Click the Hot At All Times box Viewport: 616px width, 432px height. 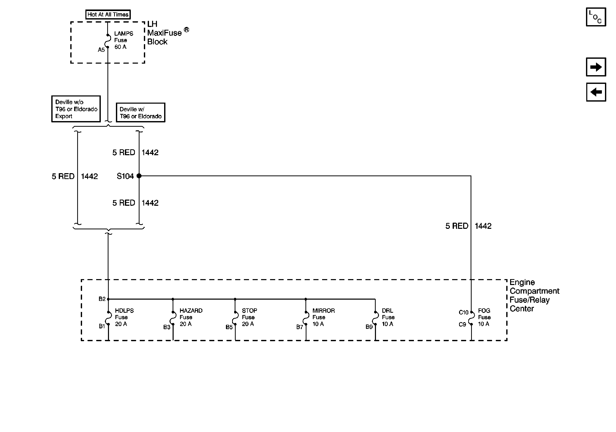[x=108, y=14]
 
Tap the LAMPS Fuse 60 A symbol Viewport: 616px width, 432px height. [x=108, y=41]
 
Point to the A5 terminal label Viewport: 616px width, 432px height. [x=101, y=50]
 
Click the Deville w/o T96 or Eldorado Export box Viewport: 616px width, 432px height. [x=76, y=109]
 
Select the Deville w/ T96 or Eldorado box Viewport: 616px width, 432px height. [x=140, y=113]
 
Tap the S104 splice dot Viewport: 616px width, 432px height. [x=139, y=176]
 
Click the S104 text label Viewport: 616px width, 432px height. [x=125, y=176]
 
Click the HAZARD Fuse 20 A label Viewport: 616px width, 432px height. [x=191, y=317]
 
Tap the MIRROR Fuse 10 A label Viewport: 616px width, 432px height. [x=323, y=317]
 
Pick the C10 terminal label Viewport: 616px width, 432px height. [x=463, y=312]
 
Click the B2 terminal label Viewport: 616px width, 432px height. [x=102, y=299]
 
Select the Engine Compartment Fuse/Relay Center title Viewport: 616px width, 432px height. [x=534, y=296]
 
